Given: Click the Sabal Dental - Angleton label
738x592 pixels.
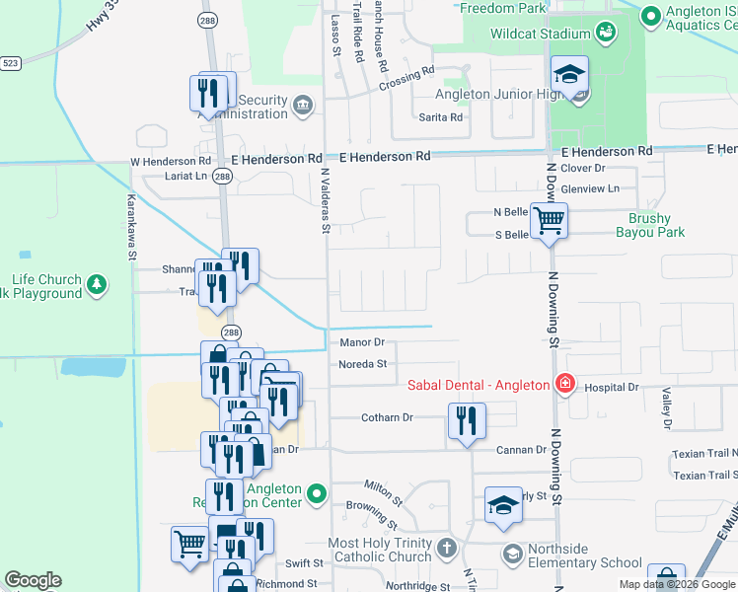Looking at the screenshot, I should pyautogui.click(x=478, y=384).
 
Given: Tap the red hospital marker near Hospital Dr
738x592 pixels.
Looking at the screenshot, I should pyautogui.click(x=564, y=384).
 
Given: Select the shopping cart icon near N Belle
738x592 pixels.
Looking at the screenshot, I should pyautogui.click(x=549, y=221).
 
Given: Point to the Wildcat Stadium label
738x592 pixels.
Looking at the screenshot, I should pyautogui.click(x=541, y=34).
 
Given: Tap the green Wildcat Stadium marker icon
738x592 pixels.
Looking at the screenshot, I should pyautogui.click(x=606, y=35).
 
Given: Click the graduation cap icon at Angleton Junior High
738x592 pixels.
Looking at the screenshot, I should pyautogui.click(x=569, y=75).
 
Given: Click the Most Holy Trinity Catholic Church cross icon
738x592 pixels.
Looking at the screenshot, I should pyautogui.click(x=446, y=548).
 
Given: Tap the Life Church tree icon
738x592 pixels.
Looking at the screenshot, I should pyautogui.click(x=96, y=285).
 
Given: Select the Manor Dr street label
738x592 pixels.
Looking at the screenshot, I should pyautogui.click(x=361, y=342).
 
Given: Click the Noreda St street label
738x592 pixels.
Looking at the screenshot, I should pyautogui.click(x=362, y=364).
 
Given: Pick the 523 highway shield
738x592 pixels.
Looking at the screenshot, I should pyautogui.click(x=10, y=62).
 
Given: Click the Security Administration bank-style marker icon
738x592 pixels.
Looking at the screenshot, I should pyautogui.click(x=302, y=105).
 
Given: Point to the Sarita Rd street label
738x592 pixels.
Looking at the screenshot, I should pyautogui.click(x=441, y=117).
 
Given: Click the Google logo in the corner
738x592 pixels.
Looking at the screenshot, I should pyautogui.click(x=33, y=580).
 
